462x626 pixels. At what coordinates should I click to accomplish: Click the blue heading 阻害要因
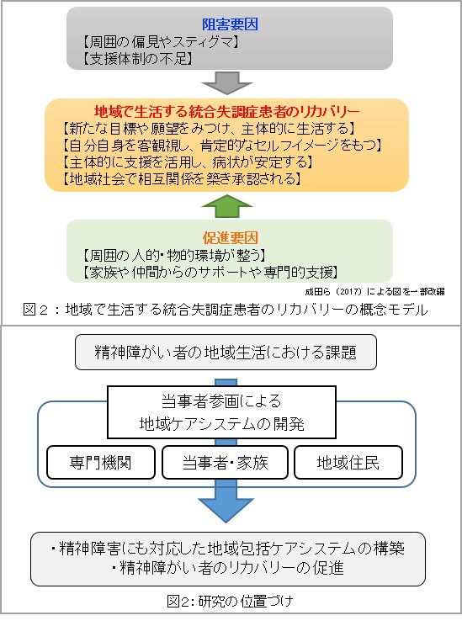(230, 24)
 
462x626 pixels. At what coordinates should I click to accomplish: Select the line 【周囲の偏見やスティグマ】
(161, 41)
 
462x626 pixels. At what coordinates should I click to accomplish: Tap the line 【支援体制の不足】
(138, 59)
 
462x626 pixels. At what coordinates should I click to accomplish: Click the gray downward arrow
(227, 83)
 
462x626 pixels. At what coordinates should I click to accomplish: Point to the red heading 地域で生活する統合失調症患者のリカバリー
(227, 111)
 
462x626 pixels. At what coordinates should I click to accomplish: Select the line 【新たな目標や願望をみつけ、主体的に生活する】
(209, 128)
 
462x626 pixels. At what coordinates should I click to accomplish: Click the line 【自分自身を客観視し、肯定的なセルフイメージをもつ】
(222, 145)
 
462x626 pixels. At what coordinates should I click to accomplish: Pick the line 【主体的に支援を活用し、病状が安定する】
(188, 162)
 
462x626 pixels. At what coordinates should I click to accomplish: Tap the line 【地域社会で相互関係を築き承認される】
(181, 178)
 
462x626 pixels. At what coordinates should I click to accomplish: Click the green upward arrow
(227, 206)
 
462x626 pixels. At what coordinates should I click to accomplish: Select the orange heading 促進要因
(230, 238)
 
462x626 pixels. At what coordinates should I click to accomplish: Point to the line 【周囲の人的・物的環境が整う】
(174, 255)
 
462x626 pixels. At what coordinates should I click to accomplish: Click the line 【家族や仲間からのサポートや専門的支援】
(210, 273)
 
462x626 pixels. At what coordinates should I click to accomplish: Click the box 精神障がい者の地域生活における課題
(226, 352)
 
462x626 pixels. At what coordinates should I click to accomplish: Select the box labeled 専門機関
(101, 462)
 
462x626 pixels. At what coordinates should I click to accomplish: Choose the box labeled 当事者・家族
(225, 462)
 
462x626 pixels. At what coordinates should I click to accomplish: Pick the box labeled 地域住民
(348, 462)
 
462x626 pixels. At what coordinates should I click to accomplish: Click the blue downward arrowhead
(226, 510)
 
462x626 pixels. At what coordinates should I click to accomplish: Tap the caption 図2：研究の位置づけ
(230, 601)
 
